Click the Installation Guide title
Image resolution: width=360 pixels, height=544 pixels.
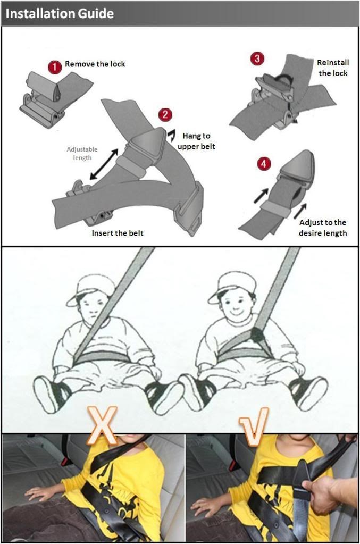[x=60, y=13]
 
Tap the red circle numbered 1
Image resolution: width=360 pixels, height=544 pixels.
[x=55, y=67]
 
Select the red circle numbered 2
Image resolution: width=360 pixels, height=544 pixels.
[x=165, y=114]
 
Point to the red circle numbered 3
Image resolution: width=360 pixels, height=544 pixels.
[x=257, y=58]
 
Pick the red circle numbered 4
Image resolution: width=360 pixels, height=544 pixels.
[x=264, y=163]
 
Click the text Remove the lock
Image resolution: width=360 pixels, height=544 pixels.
[x=95, y=64]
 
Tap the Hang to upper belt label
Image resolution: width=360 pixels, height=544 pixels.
[x=196, y=141]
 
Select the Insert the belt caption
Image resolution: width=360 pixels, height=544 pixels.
[x=117, y=233]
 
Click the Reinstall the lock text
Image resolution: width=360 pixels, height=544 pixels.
[x=333, y=68]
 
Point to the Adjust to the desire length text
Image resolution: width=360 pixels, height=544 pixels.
[x=323, y=228]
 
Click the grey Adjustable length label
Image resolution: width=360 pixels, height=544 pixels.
[x=82, y=153]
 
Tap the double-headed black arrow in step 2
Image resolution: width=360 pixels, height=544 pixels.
[x=104, y=164]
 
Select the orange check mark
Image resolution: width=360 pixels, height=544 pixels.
[x=254, y=426]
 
